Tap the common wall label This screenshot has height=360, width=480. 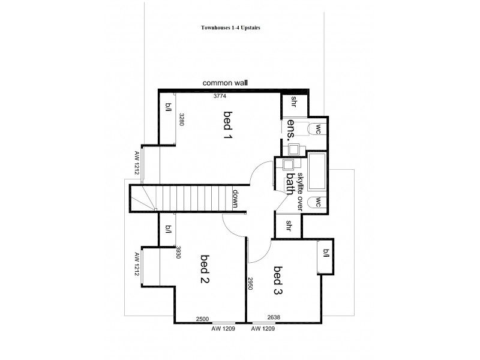pos(225,83)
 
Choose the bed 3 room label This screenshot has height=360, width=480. pos(278,280)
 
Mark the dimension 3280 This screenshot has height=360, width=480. pos(179,119)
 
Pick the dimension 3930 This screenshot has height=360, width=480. pos(179,251)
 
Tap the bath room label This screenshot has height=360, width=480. pos(290,184)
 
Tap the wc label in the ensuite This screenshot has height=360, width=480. pos(319,128)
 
